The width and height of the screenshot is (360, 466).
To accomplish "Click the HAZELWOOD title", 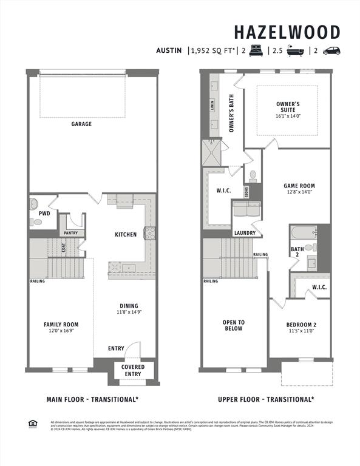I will (x=287, y=32).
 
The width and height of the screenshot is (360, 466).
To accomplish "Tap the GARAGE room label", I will (x=81, y=124).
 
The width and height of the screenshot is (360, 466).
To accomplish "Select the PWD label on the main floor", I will (x=44, y=214).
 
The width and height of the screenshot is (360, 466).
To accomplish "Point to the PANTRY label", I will (x=70, y=233).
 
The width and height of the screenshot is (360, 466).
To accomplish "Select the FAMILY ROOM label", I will (x=61, y=325).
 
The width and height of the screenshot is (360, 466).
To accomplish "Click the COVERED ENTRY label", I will (x=133, y=371).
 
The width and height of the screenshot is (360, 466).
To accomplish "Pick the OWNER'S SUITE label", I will (x=287, y=107).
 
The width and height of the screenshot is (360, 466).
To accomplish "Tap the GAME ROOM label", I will (x=299, y=186).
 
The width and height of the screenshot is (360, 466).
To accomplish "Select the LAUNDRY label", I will (x=245, y=233).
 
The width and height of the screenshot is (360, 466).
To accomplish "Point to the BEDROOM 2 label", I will (x=301, y=325).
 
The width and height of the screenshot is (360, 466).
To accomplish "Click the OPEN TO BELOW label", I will (x=233, y=325).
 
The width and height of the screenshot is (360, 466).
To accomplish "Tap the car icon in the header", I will (x=331, y=51).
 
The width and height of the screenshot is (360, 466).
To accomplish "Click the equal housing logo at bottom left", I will (x=32, y=424).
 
